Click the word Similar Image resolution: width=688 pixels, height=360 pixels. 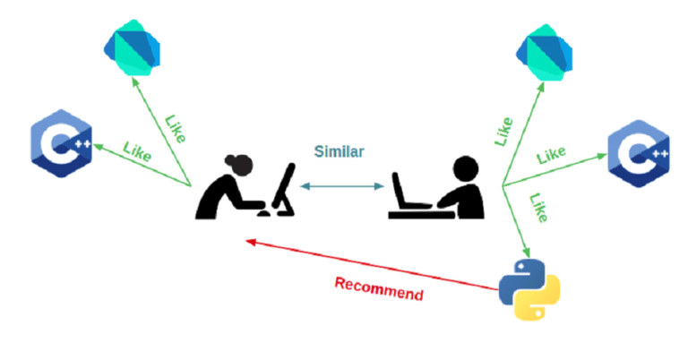point(339,151)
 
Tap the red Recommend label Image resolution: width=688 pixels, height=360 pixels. point(379,288)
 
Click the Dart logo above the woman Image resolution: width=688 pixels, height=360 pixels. point(132,44)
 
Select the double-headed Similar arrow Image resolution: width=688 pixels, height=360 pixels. point(341,185)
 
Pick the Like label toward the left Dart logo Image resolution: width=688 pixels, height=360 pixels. point(176,128)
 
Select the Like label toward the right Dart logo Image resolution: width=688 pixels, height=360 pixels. point(503,131)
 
